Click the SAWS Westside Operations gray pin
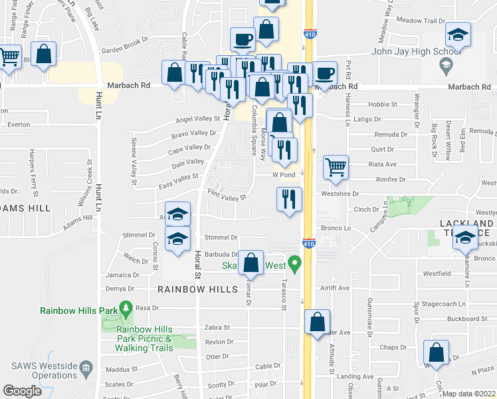[x=86, y=368]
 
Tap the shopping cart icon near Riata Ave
[x=336, y=168]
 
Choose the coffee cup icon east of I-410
[x=324, y=73]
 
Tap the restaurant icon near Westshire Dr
[x=289, y=199]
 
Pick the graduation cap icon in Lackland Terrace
[x=466, y=236]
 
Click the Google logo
[x=22, y=391]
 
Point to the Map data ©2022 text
[x=469, y=394]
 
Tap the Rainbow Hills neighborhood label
[x=197, y=289]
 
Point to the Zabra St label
[x=217, y=327]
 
